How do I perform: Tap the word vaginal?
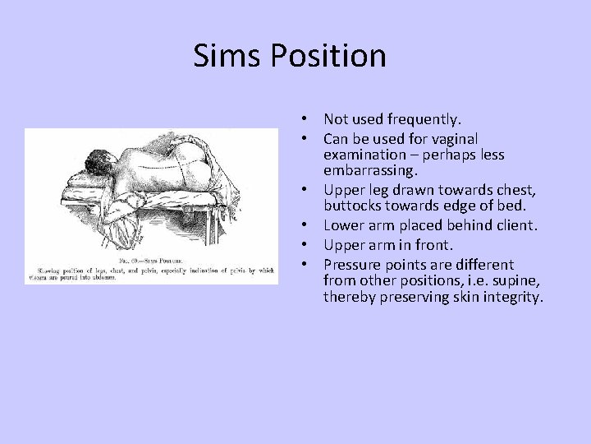[449, 139]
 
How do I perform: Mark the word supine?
[515, 280]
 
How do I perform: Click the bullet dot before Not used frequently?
[304, 120]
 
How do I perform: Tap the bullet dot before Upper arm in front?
[304, 245]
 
